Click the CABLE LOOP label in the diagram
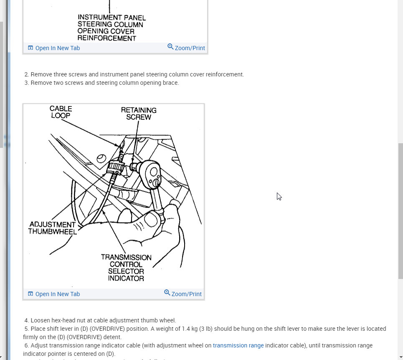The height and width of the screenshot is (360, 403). click(61, 112)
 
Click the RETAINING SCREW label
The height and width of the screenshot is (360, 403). click(139, 114)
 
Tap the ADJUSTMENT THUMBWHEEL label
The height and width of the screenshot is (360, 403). click(52, 228)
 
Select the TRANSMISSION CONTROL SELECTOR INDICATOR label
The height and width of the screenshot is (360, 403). click(126, 268)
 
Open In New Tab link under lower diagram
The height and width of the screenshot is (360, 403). click(57, 294)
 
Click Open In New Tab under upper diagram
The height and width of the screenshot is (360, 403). click(57, 48)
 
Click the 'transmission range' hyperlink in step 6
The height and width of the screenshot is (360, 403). click(238, 345)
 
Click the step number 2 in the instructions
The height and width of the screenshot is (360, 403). click(26, 74)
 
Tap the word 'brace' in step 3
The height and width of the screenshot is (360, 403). click(171, 83)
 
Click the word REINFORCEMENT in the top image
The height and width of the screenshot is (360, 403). click(107, 38)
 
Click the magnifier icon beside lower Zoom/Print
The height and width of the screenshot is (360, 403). click(167, 293)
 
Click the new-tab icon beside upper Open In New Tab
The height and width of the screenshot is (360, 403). click(30, 48)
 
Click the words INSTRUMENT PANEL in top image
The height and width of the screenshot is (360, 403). click(112, 18)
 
